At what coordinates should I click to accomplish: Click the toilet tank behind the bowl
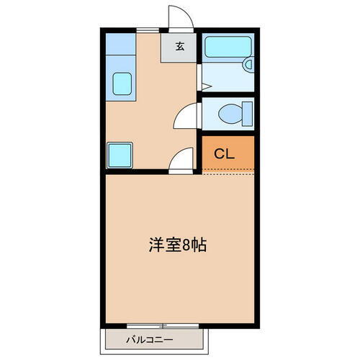(247, 114)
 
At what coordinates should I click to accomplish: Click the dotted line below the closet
(228, 171)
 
